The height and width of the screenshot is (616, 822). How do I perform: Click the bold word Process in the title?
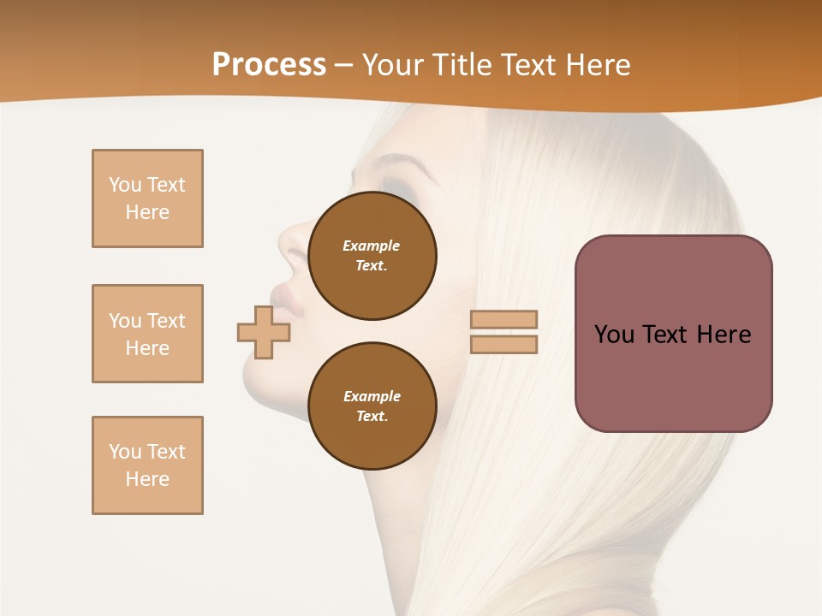pyautogui.click(x=269, y=64)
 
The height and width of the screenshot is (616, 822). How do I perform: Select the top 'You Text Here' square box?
pyautogui.click(x=147, y=198)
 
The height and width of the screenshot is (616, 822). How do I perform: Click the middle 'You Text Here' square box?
pyautogui.click(x=147, y=334)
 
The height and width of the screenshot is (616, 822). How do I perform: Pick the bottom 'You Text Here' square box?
pyautogui.click(x=147, y=465)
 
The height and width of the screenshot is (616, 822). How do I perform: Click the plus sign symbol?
pyautogui.click(x=264, y=332)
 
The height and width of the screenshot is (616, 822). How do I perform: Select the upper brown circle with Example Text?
pyautogui.click(x=372, y=256)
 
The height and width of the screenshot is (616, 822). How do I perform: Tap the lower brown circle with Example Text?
pyautogui.click(x=372, y=406)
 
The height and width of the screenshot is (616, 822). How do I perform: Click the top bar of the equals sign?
pyautogui.click(x=504, y=320)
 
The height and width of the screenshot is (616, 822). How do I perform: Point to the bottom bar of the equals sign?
pyautogui.click(x=504, y=344)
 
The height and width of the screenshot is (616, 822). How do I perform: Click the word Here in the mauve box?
pyautogui.click(x=724, y=335)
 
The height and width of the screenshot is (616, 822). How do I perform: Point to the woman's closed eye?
pyautogui.click(x=396, y=185)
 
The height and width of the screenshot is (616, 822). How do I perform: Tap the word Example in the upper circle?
pyautogui.click(x=371, y=246)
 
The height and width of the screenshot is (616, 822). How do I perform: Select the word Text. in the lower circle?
pyautogui.click(x=372, y=417)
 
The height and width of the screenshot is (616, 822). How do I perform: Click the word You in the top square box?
pyautogui.click(x=124, y=185)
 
